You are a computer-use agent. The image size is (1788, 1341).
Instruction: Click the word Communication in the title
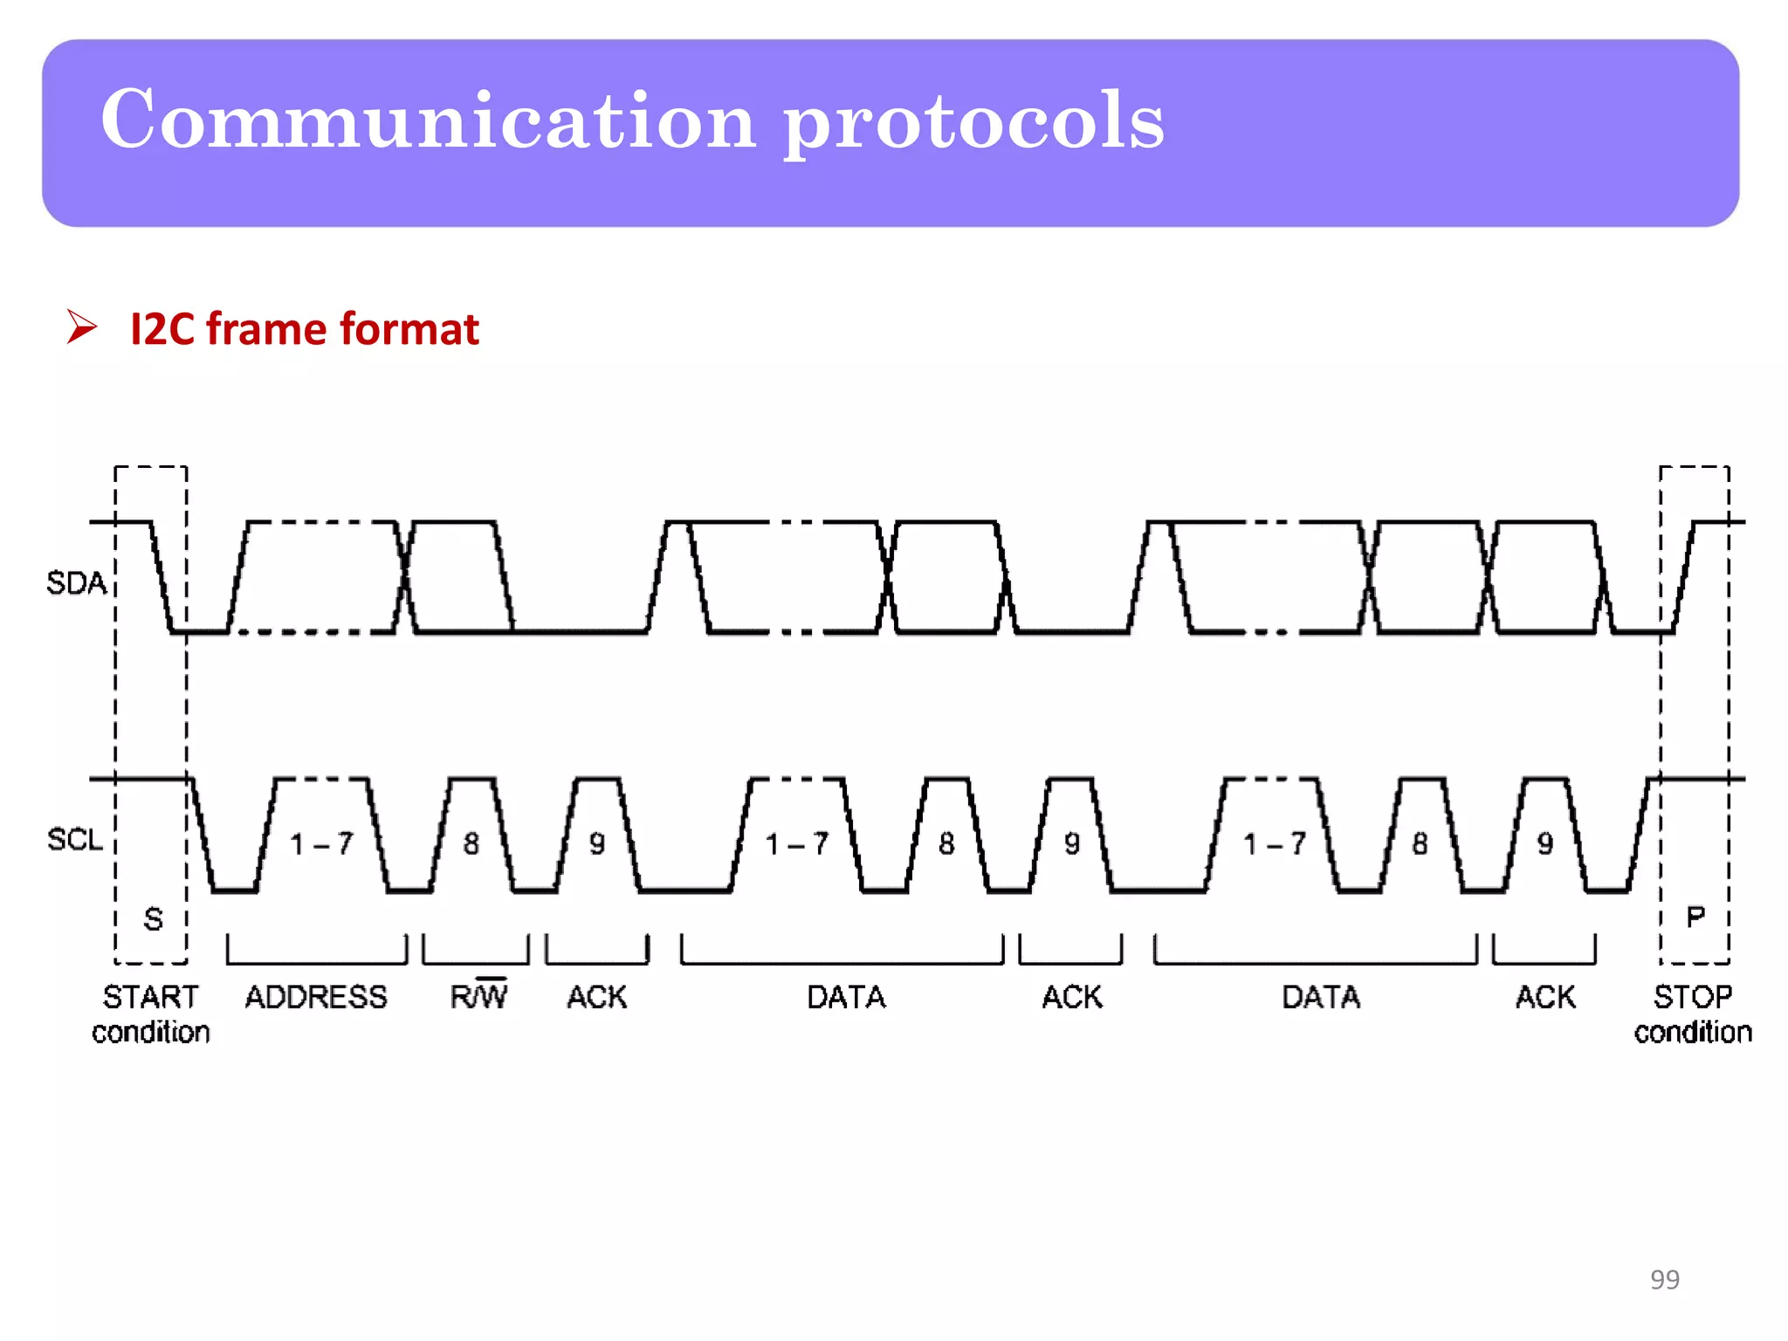[x=428, y=120]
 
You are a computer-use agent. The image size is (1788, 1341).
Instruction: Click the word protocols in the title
[x=973, y=122]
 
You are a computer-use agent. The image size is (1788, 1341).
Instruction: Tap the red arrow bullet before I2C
[x=81, y=327]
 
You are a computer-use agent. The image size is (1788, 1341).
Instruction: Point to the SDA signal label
[x=76, y=582]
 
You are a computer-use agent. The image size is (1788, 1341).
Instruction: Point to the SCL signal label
[x=75, y=839]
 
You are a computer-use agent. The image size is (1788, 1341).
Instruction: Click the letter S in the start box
[x=153, y=918]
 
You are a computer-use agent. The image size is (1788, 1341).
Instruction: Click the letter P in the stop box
[x=1695, y=917]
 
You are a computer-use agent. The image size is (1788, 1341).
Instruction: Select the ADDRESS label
[x=316, y=997]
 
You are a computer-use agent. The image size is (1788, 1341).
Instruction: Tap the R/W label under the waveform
[x=478, y=995]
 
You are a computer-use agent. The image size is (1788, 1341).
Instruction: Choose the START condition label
[x=151, y=1014]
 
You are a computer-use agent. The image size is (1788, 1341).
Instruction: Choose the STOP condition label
[x=1693, y=1014]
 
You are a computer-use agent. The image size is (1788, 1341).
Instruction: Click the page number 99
[x=1664, y=1279]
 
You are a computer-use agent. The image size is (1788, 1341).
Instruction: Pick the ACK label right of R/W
[x=597, y=997]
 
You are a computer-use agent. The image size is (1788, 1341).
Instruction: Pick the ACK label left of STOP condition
[x=1545, y=997]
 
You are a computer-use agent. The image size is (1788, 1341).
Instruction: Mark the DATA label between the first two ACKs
[x=846, y=997]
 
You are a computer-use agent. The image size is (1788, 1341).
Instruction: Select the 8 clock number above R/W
[x=471, y=843]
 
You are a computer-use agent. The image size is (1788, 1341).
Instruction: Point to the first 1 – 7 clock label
[x=322, y=843]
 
